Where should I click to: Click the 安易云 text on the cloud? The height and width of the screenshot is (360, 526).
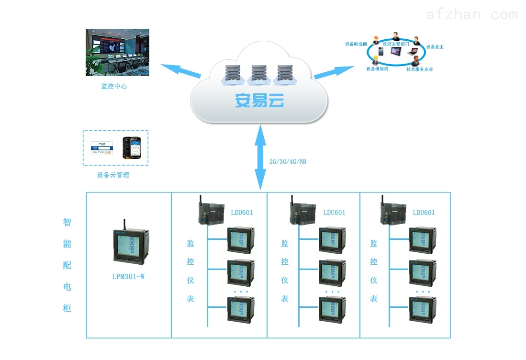coord(259,101)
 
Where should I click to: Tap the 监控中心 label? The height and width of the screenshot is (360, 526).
coord(114,87)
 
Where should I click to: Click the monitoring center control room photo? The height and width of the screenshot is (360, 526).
coord(117,52)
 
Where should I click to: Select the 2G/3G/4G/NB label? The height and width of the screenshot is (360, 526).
coord(288,162)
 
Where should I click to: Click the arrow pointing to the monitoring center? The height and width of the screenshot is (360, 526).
coord(180,71)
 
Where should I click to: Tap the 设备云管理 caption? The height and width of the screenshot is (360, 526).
coord(113,175)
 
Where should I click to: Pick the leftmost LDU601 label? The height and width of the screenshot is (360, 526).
coord(242,213)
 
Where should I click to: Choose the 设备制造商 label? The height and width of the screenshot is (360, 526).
coord(356,44)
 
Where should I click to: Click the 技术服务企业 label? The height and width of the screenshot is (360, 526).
coord(419,69)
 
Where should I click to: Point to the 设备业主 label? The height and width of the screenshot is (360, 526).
coord(435,47)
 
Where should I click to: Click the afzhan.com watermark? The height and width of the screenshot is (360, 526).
coord(471,15)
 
